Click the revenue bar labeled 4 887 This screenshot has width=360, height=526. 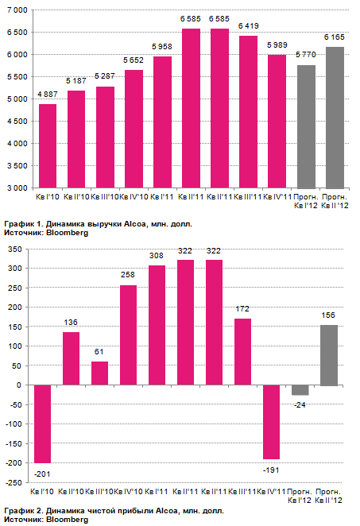click(48, 146)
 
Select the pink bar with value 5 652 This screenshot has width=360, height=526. click(134, 129)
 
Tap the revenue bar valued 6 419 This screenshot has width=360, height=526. click(248, 112)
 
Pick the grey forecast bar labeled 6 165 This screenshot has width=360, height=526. click(335, 118)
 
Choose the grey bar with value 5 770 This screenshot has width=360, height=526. click(306, 127)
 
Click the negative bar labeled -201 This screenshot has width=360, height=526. click(43, 424)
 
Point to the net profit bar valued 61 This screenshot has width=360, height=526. click(99, 373)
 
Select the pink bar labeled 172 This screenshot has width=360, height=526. click(242, 352)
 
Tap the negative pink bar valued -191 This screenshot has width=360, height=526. click(272, 422)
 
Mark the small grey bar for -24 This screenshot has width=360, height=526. click(300, 390)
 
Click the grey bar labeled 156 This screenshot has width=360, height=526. click(329, 355)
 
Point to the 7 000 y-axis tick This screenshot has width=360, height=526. click(17, 10)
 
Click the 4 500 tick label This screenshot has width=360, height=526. click(17, 122)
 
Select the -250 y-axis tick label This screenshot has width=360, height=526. click(14, 482)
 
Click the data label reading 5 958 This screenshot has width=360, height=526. click(162, 47)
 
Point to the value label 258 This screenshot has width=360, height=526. click(128, 275)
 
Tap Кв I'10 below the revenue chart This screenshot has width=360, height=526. click(48, 197)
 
